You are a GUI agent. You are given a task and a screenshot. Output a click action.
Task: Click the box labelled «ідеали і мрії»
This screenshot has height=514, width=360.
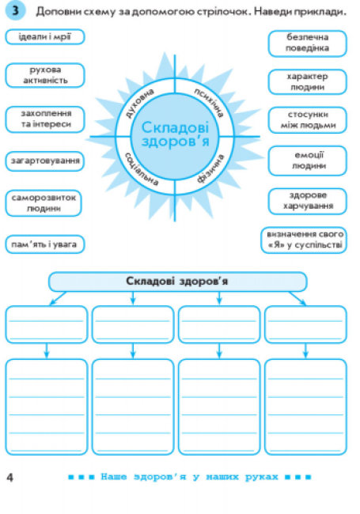[45, 36]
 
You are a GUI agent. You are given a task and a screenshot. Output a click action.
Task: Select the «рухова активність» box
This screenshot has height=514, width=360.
[45, 75]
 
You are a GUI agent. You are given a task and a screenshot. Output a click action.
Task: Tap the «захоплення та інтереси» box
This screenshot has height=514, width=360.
[45, 119]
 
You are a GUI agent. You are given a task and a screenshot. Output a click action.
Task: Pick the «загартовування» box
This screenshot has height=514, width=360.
[45, 161]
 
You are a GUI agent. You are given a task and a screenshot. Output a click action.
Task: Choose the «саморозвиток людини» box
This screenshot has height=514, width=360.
[44, 203]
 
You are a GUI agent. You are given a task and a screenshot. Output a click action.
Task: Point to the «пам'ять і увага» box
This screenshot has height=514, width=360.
[45, 244]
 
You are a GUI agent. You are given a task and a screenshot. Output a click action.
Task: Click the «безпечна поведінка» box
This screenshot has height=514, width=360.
[307, 43]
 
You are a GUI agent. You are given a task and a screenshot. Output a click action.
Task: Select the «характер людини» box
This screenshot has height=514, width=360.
[307, 82]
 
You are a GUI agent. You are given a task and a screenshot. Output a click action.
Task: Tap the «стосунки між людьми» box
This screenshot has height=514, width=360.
[307, 120]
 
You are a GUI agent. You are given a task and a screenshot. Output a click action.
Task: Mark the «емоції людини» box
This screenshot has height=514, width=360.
[307, 161]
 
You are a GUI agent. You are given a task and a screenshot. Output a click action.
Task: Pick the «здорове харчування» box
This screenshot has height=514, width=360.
[307, 201]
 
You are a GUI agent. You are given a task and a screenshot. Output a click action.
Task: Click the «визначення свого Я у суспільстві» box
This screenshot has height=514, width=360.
[304, 240]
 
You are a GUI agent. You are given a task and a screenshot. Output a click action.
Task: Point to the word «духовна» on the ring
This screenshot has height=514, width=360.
[140, 103]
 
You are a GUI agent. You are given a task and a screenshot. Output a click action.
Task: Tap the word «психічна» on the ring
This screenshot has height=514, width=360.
[209, 103]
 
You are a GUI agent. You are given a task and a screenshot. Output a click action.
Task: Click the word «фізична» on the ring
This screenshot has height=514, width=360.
[210, 168]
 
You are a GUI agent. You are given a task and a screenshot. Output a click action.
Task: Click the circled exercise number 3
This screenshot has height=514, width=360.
[15, 11]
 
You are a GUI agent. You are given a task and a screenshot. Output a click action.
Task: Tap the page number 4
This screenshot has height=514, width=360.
[10, 478]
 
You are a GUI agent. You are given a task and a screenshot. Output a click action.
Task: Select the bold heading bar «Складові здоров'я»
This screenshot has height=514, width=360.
[178, 282]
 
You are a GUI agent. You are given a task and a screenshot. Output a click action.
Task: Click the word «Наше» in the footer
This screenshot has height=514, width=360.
[113, 477]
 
